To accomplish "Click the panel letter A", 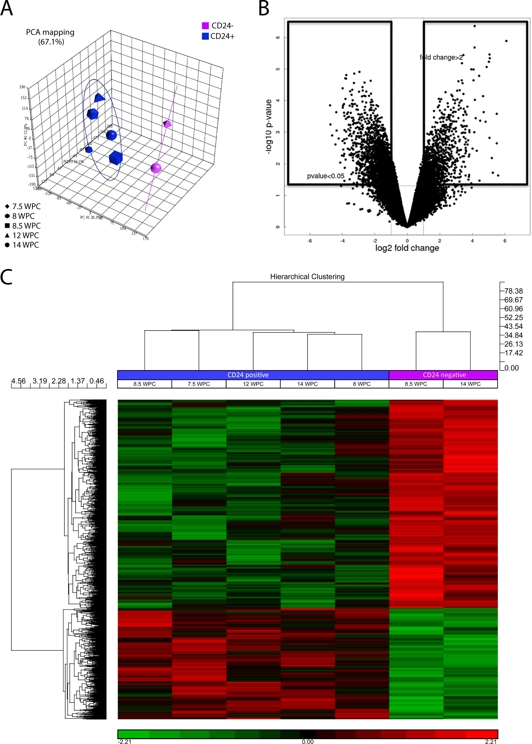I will pos(6,8).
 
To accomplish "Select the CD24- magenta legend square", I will pos(205,26).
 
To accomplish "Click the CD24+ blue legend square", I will pos(205,36).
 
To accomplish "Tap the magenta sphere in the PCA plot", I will pos(156,168).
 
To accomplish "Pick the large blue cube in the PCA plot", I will pos(115,158).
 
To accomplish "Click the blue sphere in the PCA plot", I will pos(111,135).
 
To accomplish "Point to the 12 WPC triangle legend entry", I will pos(22,235).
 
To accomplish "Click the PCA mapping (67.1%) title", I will pos(50,37).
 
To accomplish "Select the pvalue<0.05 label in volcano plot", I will pos(325,176).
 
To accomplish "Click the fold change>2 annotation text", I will pos(441,57).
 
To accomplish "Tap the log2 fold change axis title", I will pos(407,248).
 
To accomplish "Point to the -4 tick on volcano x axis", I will pos(342,241).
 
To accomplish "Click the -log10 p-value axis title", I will pos(268,126).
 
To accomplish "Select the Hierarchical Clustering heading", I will pos(307,276).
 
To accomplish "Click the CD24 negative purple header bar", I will pos(444,375).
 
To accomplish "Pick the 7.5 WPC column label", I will pos(198,384).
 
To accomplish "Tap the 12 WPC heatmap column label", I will pos(253,384).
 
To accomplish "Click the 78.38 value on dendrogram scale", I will pos(513,291).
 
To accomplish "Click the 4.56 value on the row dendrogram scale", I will pos(18,381).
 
